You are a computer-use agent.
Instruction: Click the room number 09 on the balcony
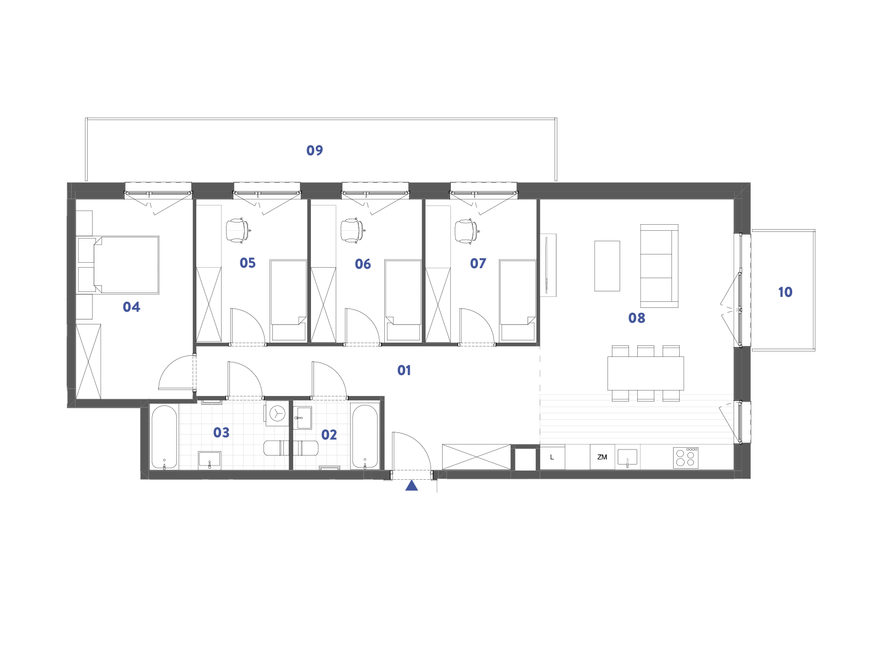click(x=314, y=150)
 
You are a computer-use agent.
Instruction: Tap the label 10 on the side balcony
click(x=785, y=292)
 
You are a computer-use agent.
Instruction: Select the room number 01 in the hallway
click(x=404, y=370)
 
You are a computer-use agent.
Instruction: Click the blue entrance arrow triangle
click(x=411, y=486)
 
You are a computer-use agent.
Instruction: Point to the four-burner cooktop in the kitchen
click(x=686, y=458)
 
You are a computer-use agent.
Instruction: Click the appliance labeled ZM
click(x=602, y=457)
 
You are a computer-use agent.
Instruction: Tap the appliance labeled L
click(x=552, y=457)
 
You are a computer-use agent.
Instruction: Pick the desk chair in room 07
click(x=466, y=231)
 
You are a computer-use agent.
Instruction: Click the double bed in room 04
click(x=119, y=265)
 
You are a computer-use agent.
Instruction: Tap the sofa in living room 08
click(x=659, y=266)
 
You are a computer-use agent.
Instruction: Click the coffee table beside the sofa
click(x=607, y=266)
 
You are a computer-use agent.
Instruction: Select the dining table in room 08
click(x=646, y=373)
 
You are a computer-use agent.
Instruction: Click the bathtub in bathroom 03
click(x=164, y=437)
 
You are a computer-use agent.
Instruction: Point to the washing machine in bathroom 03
click(x=277, y=413)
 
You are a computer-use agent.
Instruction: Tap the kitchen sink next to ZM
click(x=627, y=458)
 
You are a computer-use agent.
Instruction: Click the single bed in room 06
click(x=403, y=301)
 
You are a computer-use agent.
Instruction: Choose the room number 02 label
click(x=329, y=435)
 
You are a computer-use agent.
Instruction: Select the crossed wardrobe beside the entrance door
click(x=476, y=457)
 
